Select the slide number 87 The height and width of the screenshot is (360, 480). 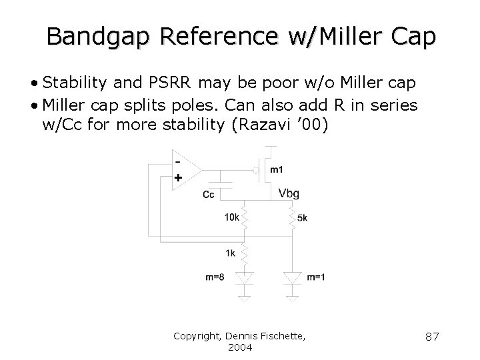click(x=432, y=337)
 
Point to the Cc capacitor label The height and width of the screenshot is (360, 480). click(x=209, y=195)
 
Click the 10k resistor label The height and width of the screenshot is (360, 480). click(x=231, y=217)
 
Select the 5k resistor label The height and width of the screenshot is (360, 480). click(x=302, y=217)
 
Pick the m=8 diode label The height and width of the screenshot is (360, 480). click(x=215, y=278)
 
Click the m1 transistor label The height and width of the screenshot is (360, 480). click(x=276, y=169)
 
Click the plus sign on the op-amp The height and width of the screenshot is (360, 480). click(x=177, y=179)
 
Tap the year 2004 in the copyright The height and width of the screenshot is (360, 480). click(x=239, y=347)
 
